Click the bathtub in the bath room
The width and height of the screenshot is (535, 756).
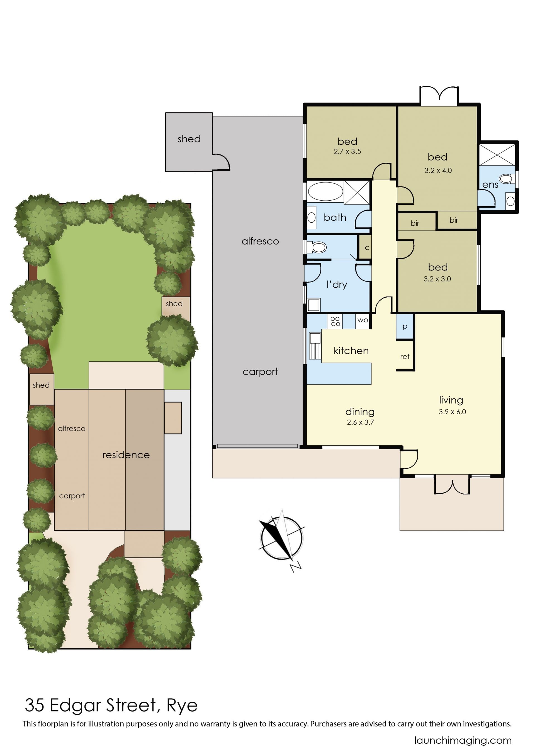tap(325, 191)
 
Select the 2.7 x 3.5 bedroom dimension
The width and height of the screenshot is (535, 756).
tap(347, 152)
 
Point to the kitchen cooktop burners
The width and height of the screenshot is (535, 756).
tap(335, 322)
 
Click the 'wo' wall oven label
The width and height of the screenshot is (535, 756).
tap(363, 320)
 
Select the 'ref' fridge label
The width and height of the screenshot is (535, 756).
tap(405, 356)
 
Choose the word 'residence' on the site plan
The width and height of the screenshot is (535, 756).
tap(126, 455)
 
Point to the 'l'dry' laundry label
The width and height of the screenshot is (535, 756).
tap(337, 285)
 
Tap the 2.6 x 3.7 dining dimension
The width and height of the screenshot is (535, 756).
tap(360, 422)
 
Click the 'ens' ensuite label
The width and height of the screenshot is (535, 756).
tap(490, 185)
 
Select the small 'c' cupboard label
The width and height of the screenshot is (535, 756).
tap(367, 248)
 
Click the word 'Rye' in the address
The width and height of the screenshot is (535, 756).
tap(182, 706)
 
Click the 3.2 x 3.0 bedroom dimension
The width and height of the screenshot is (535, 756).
tap(437, 279)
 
